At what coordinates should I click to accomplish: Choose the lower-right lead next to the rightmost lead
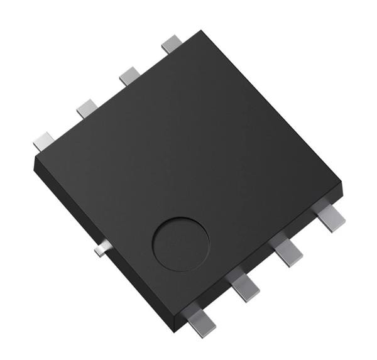pyautogui.click(x=288, y=250)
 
